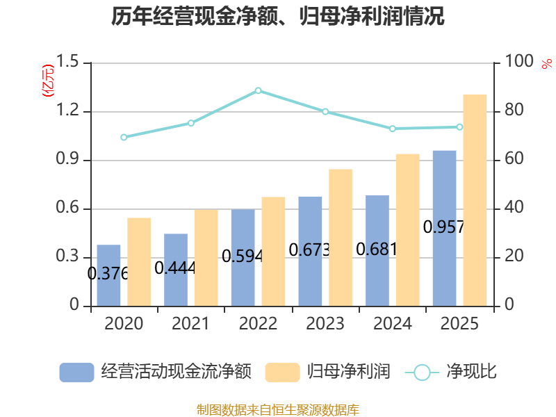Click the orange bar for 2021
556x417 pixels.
tap(206, 258)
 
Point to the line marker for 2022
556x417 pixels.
tap(258, 90)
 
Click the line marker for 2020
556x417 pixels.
tap(124, 138)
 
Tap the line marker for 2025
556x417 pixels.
tap(459, 126)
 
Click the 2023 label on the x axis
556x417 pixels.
tap(325, 324)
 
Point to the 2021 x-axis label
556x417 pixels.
tap(190, 324)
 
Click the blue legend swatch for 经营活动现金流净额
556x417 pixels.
tap(76, 372)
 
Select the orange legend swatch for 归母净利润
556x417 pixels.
tap(282, 372)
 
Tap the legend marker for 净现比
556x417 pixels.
tap(422, 372)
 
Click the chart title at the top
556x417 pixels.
tap(278, 17)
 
